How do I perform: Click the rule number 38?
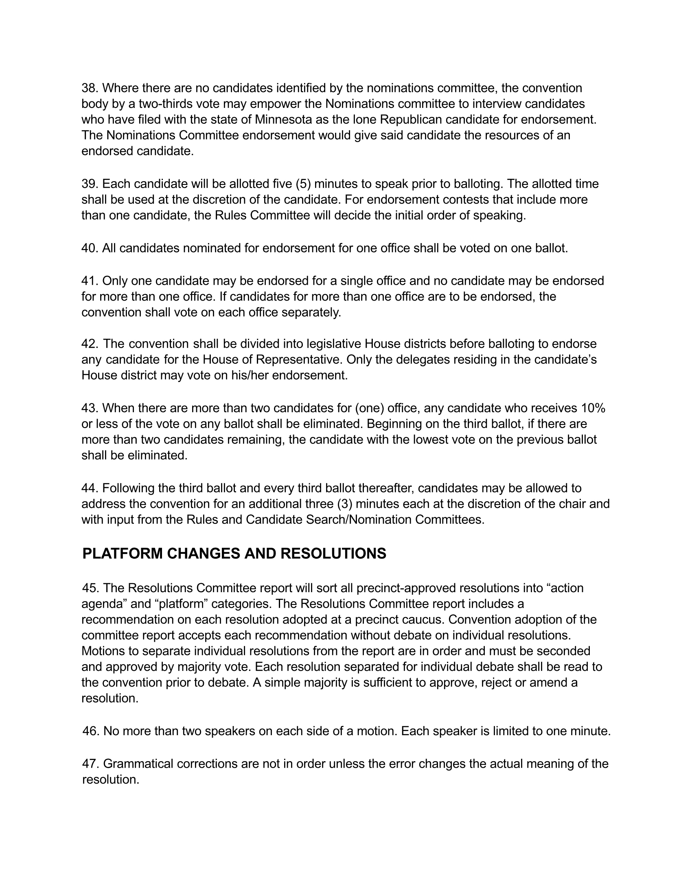tap(90, 88)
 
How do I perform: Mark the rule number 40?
tap(90, 248)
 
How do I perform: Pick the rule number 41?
tap(90, 281)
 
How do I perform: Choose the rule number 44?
tap(90, 488)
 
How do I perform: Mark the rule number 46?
tap(91, 731)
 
